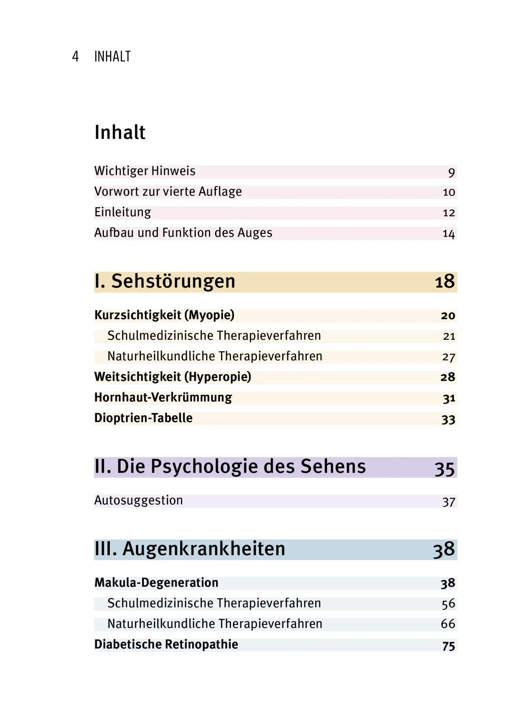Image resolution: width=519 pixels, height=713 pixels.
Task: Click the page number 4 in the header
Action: pyautogui.click(x=75, y=57)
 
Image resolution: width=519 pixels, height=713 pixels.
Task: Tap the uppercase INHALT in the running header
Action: pyautogui.click(x=112, y=57)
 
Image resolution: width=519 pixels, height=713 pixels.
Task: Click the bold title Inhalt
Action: pyautogui.click(x=120, y=132)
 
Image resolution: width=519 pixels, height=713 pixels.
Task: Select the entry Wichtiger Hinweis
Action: pyautogui.click(x=145, y=171)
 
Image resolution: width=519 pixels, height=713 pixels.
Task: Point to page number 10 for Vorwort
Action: pyautogui.click(x=449, y=193)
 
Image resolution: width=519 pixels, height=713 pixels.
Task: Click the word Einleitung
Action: pyautogui.click(x=123, y=212)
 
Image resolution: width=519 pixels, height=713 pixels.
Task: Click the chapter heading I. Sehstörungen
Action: pyautogui.click(x=165, y=281)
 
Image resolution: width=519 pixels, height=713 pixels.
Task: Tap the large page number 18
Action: pyautogui.click(x=445, y=282)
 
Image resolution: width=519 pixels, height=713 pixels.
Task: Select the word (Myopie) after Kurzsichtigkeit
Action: pyautogui.click(x=209, y=315)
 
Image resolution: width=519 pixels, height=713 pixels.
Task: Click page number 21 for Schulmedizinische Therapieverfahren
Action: pyautogui.click(x=449, y=336)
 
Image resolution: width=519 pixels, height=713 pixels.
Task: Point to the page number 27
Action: pyautogui.click(x=449, y=357)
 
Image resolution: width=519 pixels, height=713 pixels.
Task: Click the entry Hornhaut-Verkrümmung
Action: pyautogui.click(x=163, y=397)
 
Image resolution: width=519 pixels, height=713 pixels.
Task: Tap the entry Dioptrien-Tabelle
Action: pyautogui.click(x=143, y=418)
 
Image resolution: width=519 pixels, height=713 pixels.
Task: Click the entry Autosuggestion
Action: pyautogui.click(x=138, y=501)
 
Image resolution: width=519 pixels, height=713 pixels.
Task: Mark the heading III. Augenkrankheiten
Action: pyautogui.click(x=190, y=549)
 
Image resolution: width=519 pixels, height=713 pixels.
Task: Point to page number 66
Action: pyautogui.click(x=448, y=624)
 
